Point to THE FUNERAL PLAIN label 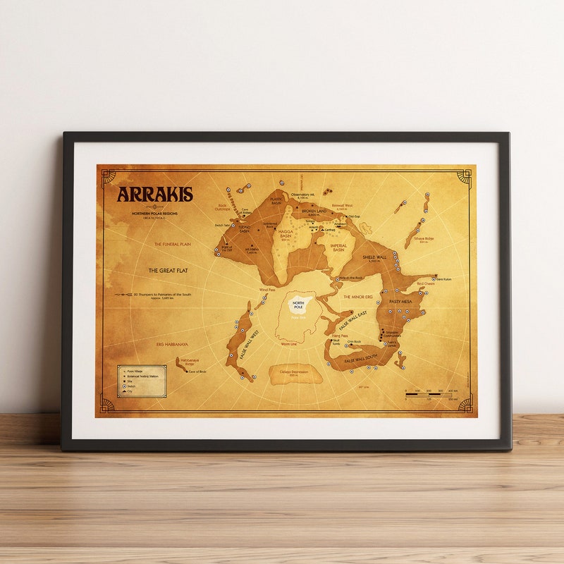point(173,244)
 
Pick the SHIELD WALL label point(374,257)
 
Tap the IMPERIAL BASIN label point(338,247)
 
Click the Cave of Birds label point(197,371)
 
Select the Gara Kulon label point(444,279)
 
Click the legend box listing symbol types point(142,381)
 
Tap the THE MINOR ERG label point(357,297)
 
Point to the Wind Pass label point(266,290)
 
